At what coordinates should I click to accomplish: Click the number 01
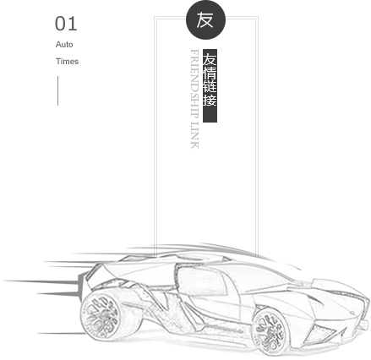point(66,24)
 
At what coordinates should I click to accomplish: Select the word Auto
point(64,45)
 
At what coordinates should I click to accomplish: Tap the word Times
point(67,62)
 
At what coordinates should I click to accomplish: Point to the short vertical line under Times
point(58,90)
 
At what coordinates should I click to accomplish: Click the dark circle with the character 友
point(205,19)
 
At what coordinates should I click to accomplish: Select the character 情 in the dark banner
point(210,74)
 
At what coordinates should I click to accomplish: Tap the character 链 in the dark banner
point(210,87)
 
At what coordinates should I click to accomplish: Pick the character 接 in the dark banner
point(210,100)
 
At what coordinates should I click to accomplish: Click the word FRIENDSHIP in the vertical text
point(194,85)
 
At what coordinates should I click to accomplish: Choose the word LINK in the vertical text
point(194,135)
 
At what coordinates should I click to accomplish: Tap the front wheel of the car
point(270,332)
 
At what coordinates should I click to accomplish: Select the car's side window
point(201,281)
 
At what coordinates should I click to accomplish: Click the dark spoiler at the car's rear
point(81,285)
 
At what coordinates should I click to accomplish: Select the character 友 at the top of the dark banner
point(210,60)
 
